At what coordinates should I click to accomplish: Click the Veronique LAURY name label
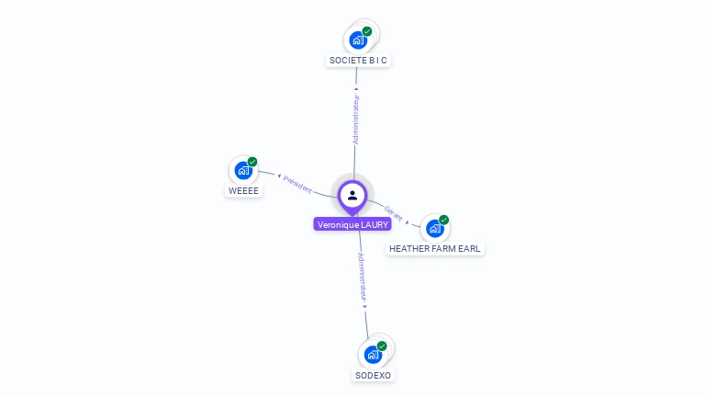tap(352, 224)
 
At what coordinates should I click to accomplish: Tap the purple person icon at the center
tap(352, 195)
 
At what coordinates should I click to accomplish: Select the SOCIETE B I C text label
tap(358, 61)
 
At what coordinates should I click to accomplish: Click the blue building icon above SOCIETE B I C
tap(358, 40)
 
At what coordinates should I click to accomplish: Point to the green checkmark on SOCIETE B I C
tap(367, 31)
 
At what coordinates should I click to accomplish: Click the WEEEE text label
tap(243, 191)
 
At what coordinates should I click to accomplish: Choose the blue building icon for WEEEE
tap(243, 170)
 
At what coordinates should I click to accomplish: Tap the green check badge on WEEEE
tap(252, 162)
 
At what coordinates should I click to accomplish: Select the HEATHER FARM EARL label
tap(435, 249)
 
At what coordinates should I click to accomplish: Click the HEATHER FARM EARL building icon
tap(434, 228)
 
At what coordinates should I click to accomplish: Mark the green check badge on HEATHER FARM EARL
tap(443, 220)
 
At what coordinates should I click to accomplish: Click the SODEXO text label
tap(373, 376)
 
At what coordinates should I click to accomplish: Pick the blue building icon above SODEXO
tap(373, 355)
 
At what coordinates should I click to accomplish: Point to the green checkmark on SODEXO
tap(382, 346)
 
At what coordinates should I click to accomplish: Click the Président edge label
tap(297, 182)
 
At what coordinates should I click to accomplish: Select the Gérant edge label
tap(394, 214)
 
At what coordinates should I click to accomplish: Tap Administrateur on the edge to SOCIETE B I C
tap(356, 118)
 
